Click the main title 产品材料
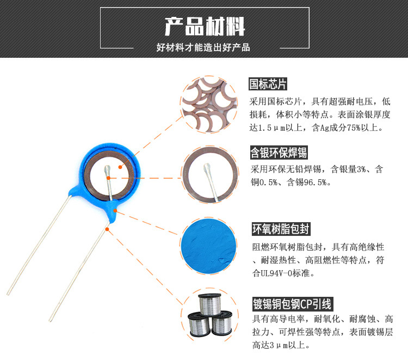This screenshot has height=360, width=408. pyautogui.click(x=205, y=26)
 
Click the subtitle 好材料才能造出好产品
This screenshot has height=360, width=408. pyautogui.click(x=203, y=47)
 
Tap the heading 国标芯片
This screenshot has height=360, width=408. pyautogui.click(x=268, y=84)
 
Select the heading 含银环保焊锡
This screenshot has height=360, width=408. pyautogui.click(x=279, y=152)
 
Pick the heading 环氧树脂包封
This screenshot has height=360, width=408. pyautogui.click(x=281, y=229)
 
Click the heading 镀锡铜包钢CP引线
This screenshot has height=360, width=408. pyautogui.click(x=293, y=304)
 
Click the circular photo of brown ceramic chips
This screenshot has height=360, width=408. pyautogui.click(x=209, y=105)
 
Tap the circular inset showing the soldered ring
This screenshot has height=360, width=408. pyautogui.click(x=210, y=174)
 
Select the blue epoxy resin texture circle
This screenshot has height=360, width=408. pyautogui.click(x=209, y=246)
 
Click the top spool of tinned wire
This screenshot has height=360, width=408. pyautogui.click(x=209, y=304)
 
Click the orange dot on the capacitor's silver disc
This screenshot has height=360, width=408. pyautogui.click(x=120, y=167)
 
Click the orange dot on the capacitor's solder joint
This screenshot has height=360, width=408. pyautogui.click(x=108, y=178)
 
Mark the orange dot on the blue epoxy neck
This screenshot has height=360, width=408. pyautogui.click(x=115, y=210)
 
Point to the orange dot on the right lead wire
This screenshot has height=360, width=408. pyautogui.click(x=107, y=229)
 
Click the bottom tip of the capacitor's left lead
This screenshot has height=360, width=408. pyautogui.click(x=8, y=295)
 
